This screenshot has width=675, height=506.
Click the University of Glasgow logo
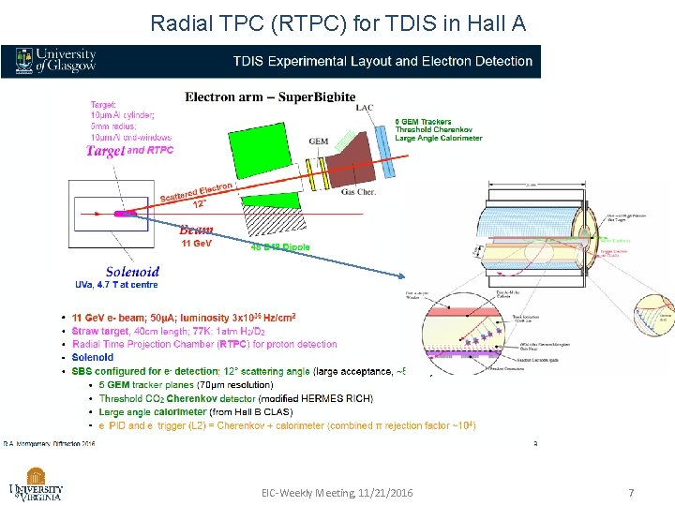pyautogui.click(x=55, y=61)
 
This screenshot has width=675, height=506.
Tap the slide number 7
pyautogui.click(x=631, y=493)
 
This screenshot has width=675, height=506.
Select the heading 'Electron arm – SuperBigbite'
pyautogui.click(x=270, y=97)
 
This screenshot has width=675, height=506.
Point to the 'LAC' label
pyautogui.click(x=365, y=108)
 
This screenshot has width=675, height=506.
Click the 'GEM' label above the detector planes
pyautogui.click(x=319, y=141)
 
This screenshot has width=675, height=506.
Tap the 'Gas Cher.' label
pyautogui.click(x=360, y=190)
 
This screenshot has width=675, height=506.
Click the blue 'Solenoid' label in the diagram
pyautogui.click(x=131, y=273)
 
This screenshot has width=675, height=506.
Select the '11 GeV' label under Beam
pyautogui.click(x=197, y=244)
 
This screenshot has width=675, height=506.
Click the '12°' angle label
pyautogui.click(x=199, y=202)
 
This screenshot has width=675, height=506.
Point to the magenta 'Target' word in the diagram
pyautogui.click(x=104, y=151)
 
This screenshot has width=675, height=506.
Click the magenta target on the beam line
pyautogui.click(x=125, y=213)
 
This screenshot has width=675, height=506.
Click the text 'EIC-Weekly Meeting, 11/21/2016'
pyautogui.click(x=337, y=493)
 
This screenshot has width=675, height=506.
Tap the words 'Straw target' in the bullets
pyautogui.click(x=101, y=331)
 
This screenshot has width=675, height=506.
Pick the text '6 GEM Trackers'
pyautogui.click(x=423, y=122)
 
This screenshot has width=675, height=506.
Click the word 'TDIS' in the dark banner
pyautogui.click(x=251, y=62)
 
